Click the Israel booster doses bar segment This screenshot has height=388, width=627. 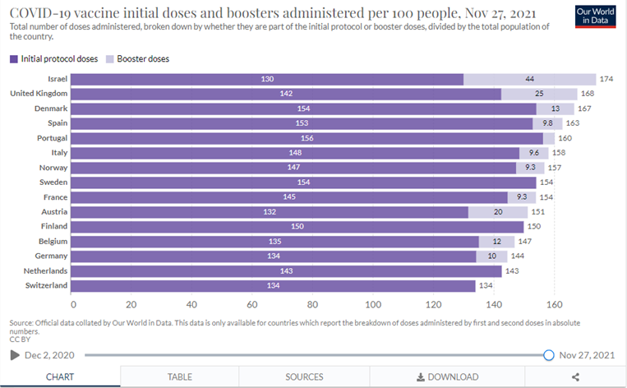tap(529, 79)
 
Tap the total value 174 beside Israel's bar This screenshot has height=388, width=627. tap(607, 79)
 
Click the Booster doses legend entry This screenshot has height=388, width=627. tap(137, 59)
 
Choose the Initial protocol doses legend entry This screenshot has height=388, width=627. tap(53, 59)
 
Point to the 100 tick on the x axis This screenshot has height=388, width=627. tap(374, 301)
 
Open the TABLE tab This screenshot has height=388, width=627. tap(180, 376)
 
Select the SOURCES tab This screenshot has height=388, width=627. tap(304, 376)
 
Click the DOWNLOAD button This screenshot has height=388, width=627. tap(447, 376)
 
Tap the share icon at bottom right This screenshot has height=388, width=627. tap(575, 376)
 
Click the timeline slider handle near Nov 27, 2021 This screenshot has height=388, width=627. tap(549, 355)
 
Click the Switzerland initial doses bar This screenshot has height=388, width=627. tap(274, 286)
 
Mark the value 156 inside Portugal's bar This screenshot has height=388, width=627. tap(307, 138)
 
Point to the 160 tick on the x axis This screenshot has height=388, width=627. tap(554, 301)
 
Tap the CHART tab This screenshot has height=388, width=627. tap(60, 376)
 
